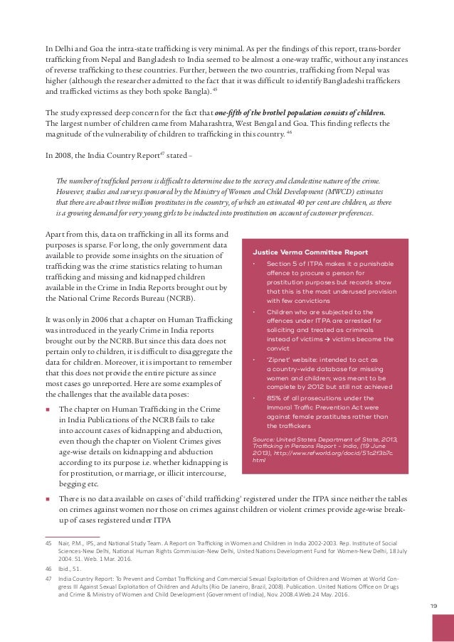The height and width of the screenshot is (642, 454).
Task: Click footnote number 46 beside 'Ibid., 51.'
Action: pos(49,570)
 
